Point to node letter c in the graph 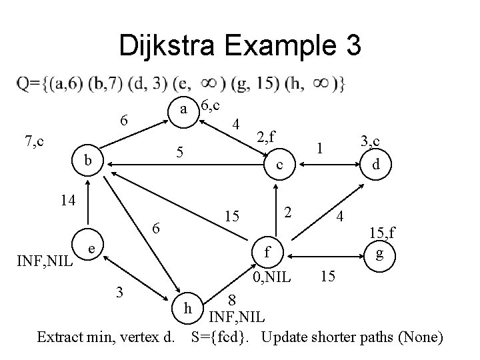point(281,164)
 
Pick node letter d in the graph point(377,164)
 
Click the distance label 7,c point(33,141)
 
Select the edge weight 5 point(179,153)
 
